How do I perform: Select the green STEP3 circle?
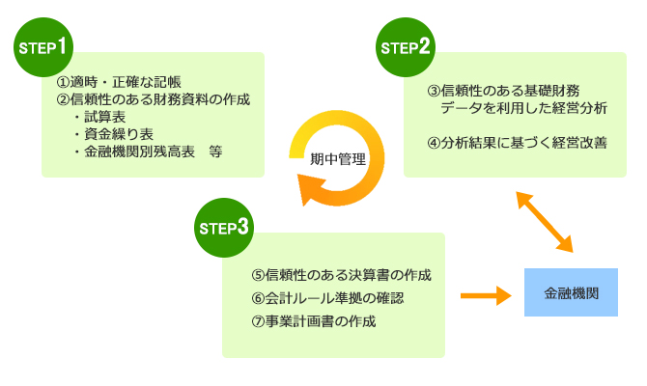224,227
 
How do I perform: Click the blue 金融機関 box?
571,292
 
